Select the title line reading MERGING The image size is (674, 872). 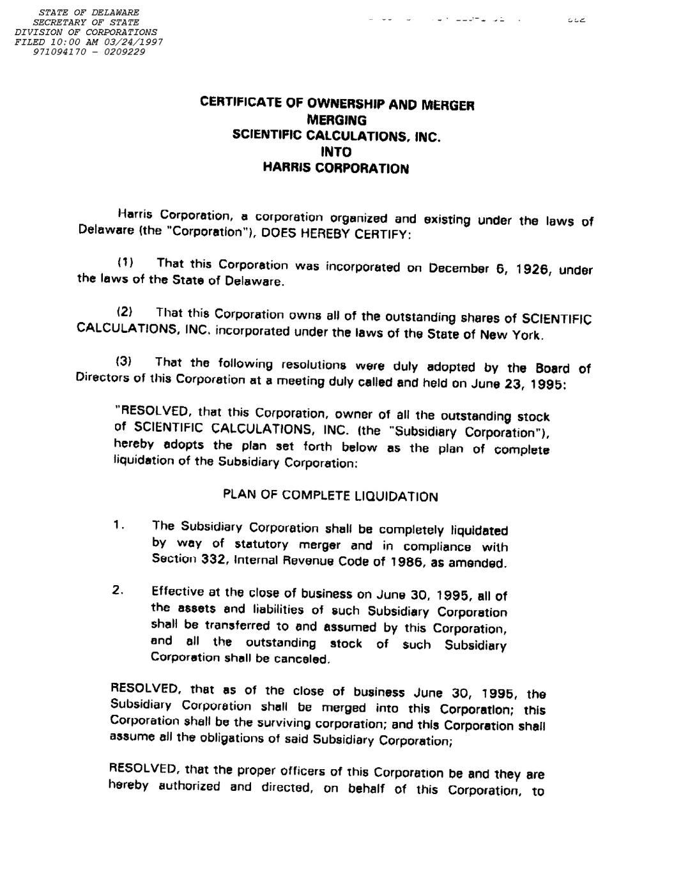337,120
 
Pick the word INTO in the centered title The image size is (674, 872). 336,152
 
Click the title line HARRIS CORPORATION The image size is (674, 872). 336,169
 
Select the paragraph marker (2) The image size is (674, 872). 124,312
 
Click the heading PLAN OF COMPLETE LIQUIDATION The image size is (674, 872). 330,496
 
